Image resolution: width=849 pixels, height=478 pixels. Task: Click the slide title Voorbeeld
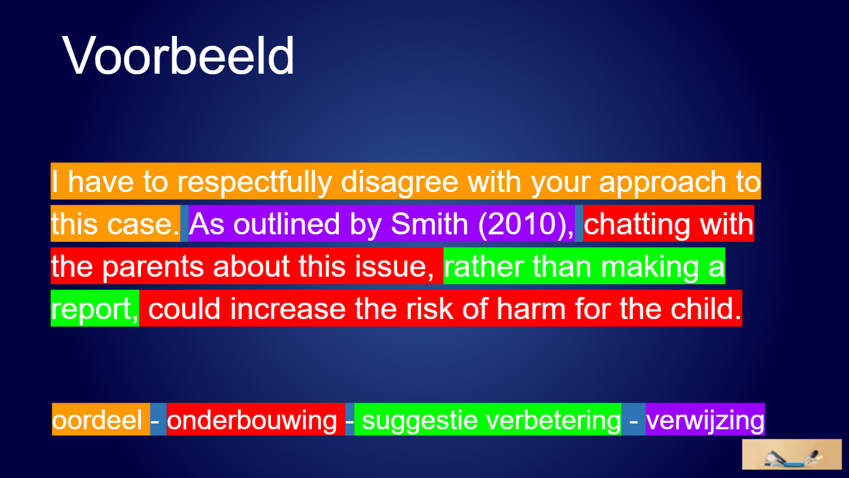coord(178,56)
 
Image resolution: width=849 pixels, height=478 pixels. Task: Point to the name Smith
coord(429,223)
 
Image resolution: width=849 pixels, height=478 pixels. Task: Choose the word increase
coord(288,308)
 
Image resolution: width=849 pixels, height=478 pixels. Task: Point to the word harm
coord(531,308)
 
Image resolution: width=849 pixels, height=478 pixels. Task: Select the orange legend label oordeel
coord(97,420)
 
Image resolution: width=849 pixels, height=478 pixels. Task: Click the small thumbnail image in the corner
coord(792,454)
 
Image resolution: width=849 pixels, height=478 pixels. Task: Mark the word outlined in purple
coord(287,223)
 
